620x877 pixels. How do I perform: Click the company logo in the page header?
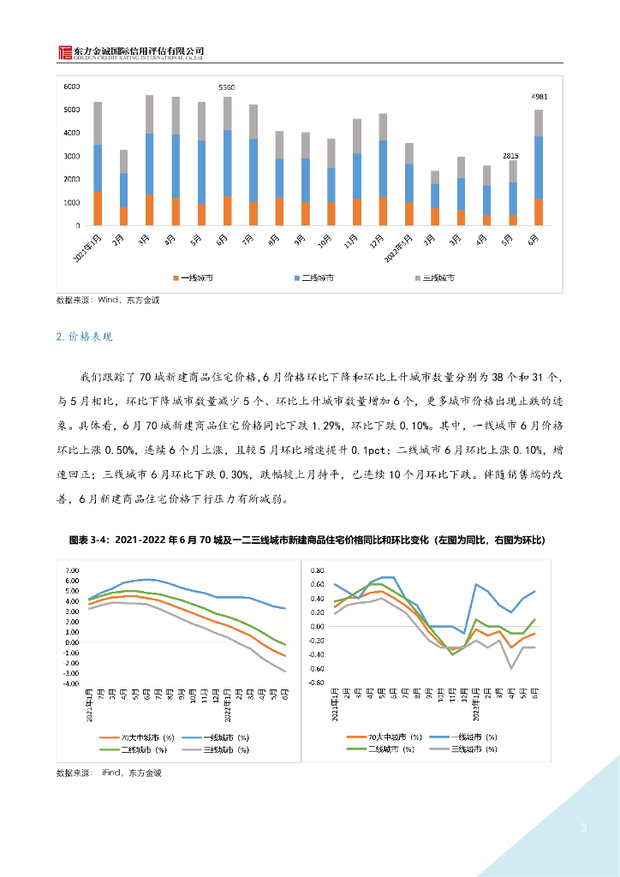pos(65,52)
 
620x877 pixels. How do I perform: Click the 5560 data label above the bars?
pos(226,87)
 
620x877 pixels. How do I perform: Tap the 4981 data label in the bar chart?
pos(539,97)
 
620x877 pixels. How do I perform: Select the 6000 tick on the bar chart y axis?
pos(71,87)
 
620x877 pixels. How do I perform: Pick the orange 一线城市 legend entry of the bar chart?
pos(194,278)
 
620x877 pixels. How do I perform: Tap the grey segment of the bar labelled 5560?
pos(227,113)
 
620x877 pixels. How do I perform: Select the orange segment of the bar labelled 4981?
pos(539,212)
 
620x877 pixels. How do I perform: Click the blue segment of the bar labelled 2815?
pos(512,199)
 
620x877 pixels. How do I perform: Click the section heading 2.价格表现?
pos(84,337)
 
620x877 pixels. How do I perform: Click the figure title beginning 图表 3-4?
pos(307,540)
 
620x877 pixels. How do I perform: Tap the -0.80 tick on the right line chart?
pos(316,683)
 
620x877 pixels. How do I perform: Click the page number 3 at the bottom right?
pos(583,828)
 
